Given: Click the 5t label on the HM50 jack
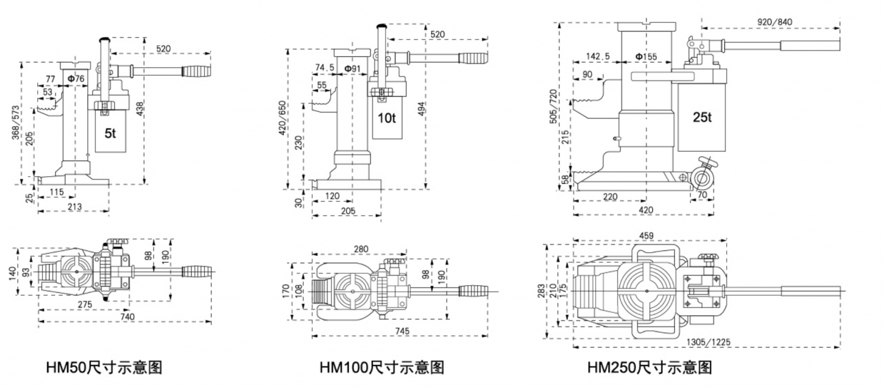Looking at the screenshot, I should (110, 134).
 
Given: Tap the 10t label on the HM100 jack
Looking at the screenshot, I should (386, 118).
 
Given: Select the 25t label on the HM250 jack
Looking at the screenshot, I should (702, 117).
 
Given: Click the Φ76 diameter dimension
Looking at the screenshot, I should (75, 78).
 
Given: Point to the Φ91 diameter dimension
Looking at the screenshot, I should (353, 69).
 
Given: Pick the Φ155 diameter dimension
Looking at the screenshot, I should (646, 57).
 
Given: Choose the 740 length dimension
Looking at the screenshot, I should (127, 317).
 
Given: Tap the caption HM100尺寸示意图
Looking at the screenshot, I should (381, 368).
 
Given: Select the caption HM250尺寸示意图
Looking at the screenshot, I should (649, 368).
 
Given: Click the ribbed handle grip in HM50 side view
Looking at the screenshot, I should (196, 71).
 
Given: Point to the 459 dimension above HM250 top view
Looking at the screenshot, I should (647, 237).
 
